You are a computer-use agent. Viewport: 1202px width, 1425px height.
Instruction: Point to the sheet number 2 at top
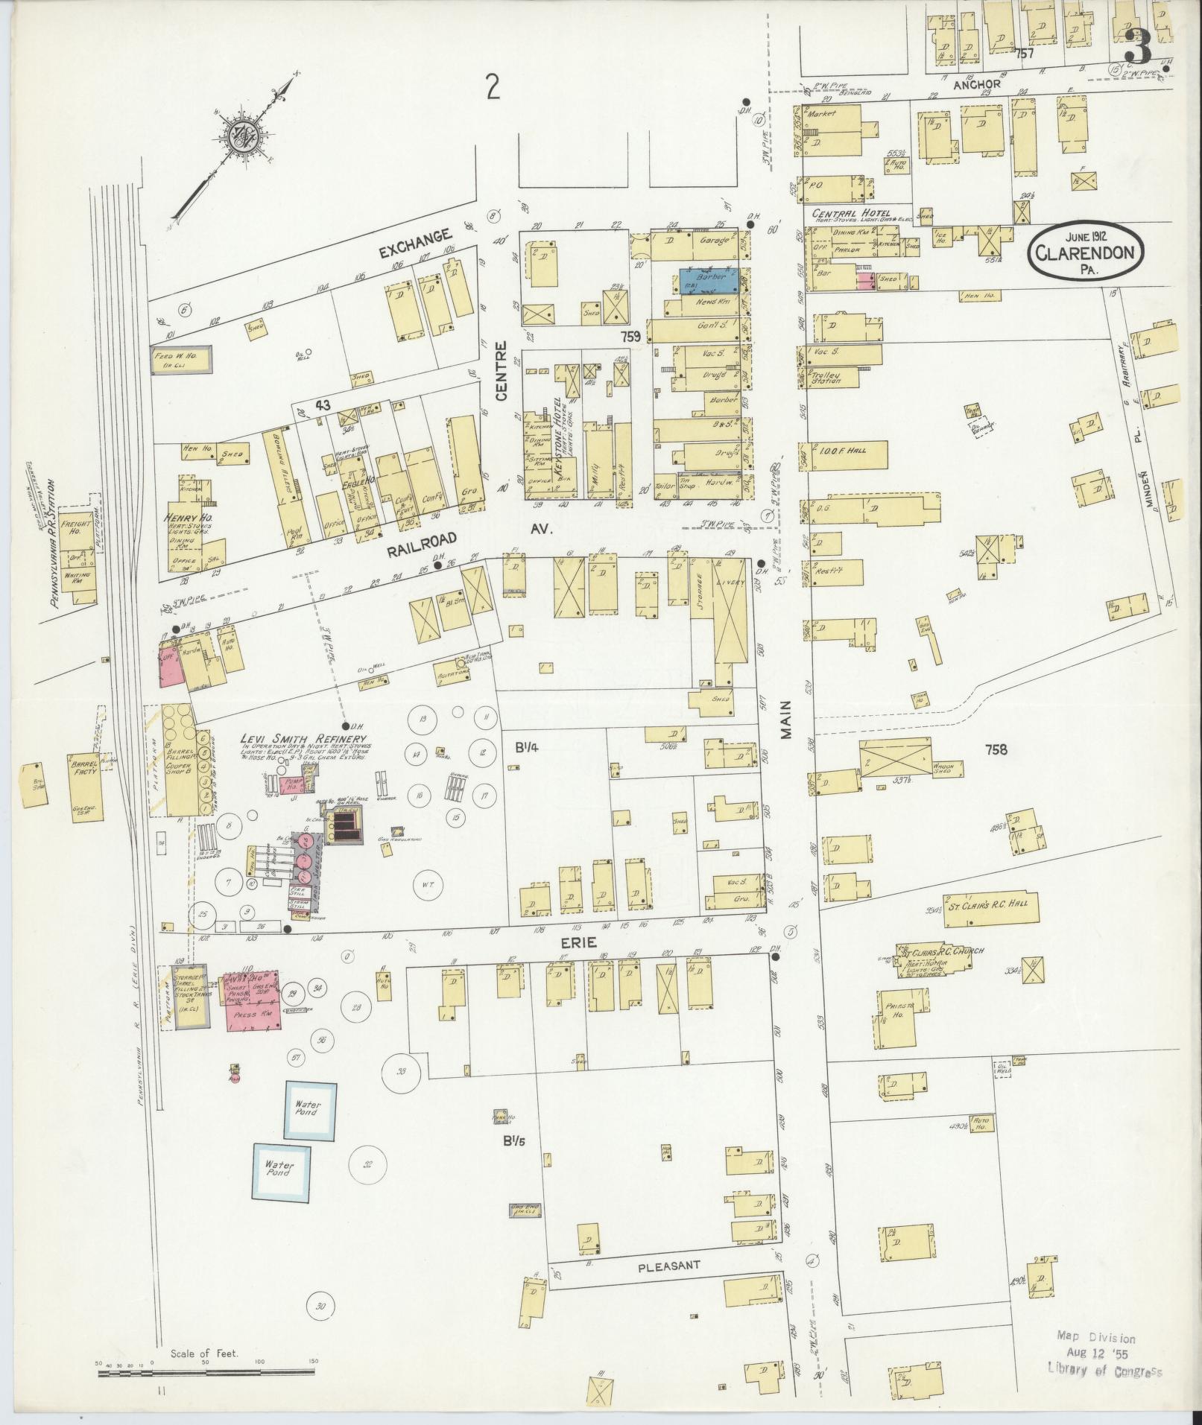[492, 89]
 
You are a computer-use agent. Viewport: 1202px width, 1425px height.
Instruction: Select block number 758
[996, 749]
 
